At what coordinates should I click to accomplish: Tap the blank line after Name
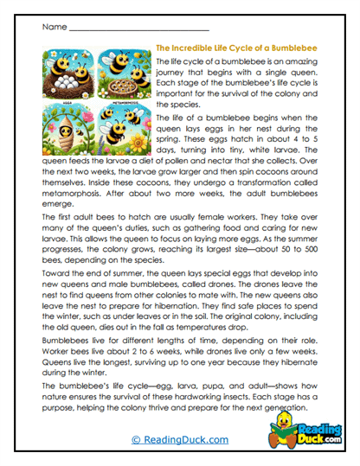pos(137,29)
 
